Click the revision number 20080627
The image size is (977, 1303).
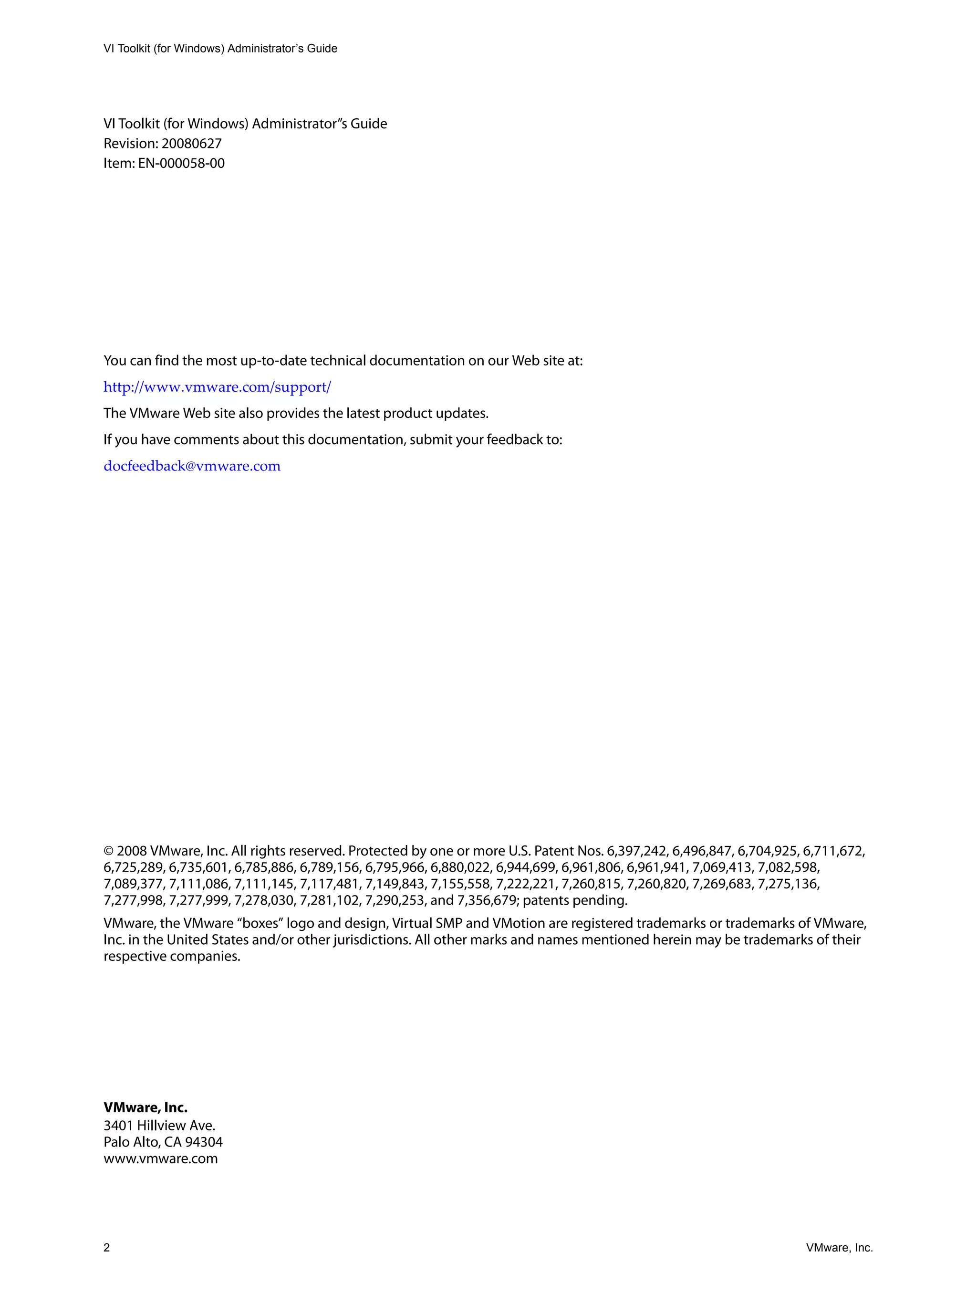191,144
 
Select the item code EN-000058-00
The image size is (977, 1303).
181,163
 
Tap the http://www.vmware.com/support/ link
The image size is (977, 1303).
218,387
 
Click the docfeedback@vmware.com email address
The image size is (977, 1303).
192,466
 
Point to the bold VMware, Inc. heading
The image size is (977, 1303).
146,1107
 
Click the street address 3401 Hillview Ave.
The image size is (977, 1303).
160,1126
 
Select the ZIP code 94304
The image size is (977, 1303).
204,1142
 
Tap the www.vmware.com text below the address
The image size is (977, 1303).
161,1159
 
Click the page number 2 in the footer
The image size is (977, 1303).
106,1248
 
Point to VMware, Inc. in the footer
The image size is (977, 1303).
839,1248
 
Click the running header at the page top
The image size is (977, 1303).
220,49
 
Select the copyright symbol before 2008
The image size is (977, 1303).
108,851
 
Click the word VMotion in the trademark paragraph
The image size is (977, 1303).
519,923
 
